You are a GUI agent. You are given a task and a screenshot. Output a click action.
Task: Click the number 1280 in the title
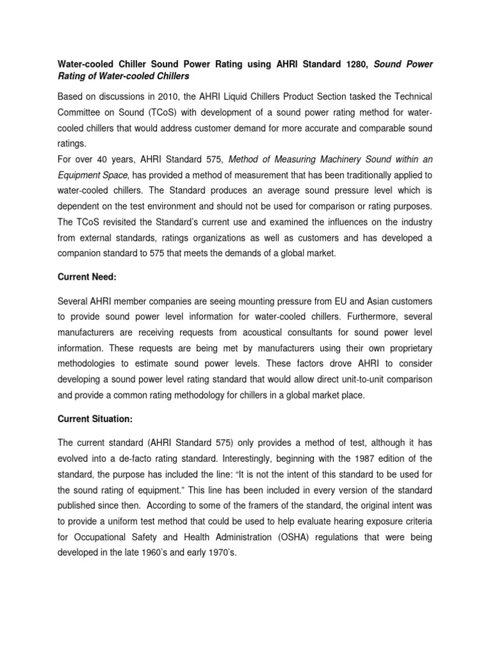(x=348, y=64)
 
